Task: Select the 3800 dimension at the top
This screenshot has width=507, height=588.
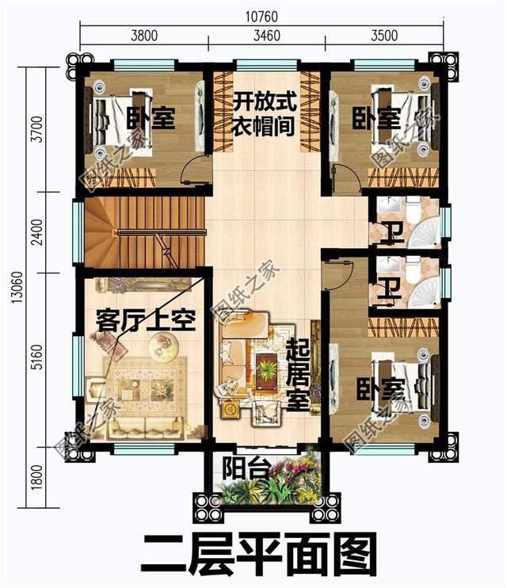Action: click(143, 36)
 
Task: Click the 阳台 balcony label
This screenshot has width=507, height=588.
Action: click(239, 465)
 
